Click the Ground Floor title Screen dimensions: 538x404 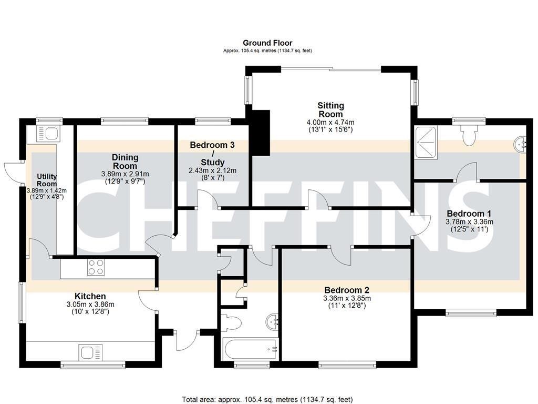click(x=267, y=43)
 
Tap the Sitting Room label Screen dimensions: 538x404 click(x=330, y=109)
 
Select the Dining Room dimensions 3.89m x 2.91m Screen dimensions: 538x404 click(x=125, y=174)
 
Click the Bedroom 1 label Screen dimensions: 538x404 click(x=469, y=213)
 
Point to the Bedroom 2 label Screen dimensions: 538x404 click(x=347, y=290)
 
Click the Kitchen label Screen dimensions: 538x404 click(x=90, y=296)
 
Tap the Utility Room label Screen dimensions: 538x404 click(x=47, y=180)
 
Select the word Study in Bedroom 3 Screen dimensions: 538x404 click(x=212, y=162)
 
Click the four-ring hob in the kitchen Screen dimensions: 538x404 click(x=96, y=267)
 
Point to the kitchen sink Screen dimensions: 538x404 click(x=90, y=352)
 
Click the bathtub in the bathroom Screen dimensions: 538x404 click(x=251, y=349)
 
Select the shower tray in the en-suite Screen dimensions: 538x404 click(x=426, y=143)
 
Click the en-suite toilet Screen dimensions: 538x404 click(x=469, y=135)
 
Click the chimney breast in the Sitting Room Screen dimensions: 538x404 click(x=261, y=133)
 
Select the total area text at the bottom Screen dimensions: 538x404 click(x=267, y=400)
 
